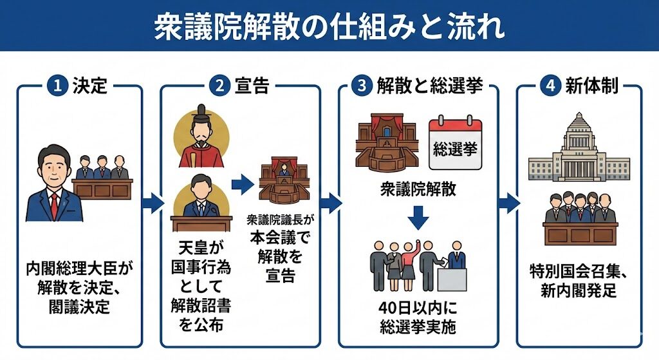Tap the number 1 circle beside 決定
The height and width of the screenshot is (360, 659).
(x=55, y=86)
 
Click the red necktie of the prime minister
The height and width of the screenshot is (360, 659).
(x=55, y=204)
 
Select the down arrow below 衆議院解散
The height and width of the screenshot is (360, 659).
(x=418, y=217)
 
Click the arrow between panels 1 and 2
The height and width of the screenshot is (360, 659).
(x=152, y=204)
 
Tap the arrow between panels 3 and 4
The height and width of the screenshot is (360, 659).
(x=508, y=204)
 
